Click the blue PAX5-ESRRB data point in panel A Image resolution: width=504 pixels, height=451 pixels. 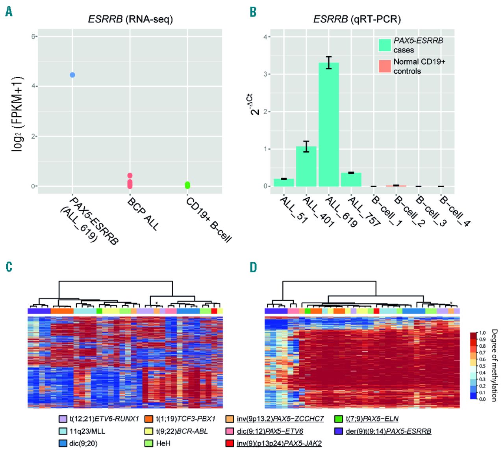pos(72,75)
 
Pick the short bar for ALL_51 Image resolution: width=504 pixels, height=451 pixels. pos(283,182)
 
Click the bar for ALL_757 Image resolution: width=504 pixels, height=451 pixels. pos(351,179)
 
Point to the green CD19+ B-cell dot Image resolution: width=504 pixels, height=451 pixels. pos(187,185)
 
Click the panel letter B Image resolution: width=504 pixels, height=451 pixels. pos(253,12)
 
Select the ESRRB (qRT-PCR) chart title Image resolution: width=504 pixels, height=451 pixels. pos(357,19)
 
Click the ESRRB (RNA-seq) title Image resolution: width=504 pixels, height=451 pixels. pos(130,19)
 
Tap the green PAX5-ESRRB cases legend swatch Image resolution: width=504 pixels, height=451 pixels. pos(385,45)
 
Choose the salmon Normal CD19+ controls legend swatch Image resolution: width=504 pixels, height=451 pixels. pos(385,66)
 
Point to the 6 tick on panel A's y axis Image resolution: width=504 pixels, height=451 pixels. pos(34,36)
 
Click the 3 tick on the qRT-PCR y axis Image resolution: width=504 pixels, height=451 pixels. pos(265,74)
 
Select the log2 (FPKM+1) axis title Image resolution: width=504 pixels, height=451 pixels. pos(17,114)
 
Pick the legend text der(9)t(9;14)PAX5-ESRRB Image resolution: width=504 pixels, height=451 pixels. pos(388,431)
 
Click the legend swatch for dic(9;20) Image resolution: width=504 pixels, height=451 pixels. pos(63,443)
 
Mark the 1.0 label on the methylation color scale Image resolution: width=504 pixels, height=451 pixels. pos(482,333)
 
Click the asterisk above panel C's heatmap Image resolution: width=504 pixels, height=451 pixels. pos(157,303)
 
